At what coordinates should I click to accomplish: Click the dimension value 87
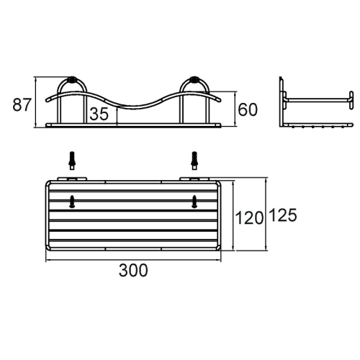click(x=22, y=104)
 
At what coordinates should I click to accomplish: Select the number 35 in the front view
click(x=99, y=114)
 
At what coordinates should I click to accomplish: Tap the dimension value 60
click(x=248, y=109)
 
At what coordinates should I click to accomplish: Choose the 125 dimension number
click(x=283, y=215)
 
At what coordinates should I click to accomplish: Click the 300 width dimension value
click(x=133, y=270)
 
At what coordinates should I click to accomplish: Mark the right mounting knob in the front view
click(x=194, y=81)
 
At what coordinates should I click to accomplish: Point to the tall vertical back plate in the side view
click(x=282, y=101)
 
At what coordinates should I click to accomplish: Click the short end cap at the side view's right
click(x=349, y=99)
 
